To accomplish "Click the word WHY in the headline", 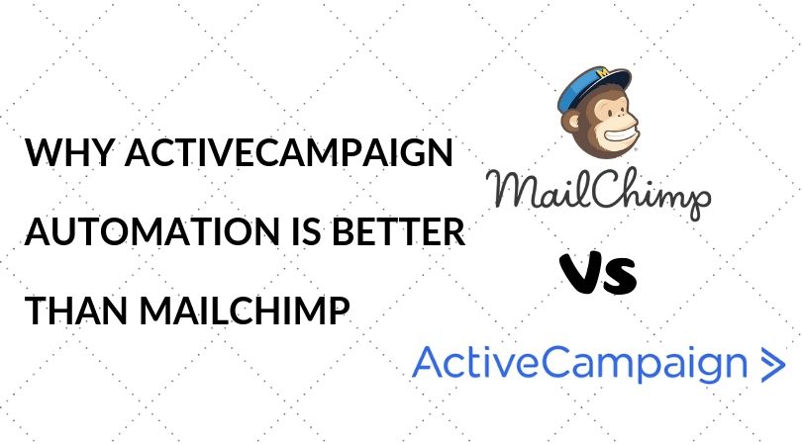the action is (67, 152).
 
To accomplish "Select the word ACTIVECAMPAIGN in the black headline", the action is (288, 152).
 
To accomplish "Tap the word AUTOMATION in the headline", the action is (152, 230).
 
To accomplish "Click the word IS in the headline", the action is (306, 230).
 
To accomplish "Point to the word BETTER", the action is (399, 230).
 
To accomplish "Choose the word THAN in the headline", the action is (75, 310).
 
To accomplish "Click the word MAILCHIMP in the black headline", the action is (245, 310).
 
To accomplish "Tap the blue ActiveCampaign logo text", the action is (579, 364).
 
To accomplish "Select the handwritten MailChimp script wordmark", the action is (598, 192).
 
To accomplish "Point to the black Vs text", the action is (598, 273).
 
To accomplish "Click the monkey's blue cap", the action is (593, 88).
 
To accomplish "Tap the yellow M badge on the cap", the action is (605, 72).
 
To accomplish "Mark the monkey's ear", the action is (572, 123).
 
